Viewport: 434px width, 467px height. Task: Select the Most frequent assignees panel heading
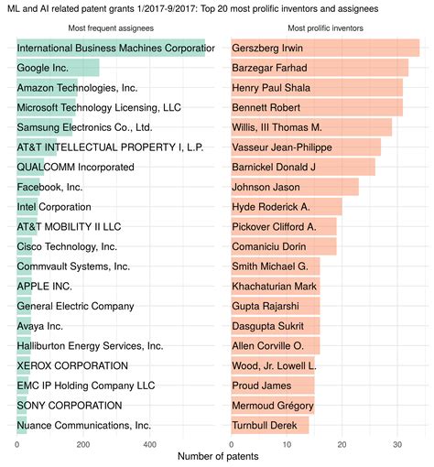pos(115,28)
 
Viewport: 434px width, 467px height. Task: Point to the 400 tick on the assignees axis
pos(149,444)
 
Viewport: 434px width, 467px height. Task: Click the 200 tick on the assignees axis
pos(82,444)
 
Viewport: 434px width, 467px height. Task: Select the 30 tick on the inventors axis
pos(396,444)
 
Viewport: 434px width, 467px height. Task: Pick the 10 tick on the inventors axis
pos(287,444)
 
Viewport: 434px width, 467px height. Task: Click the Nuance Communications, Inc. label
pos(84,425)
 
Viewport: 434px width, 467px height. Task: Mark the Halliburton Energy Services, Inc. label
pos(90,345)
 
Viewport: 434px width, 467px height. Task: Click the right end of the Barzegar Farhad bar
pos(407,68)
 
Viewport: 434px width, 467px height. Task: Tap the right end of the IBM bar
pos(205,48)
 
